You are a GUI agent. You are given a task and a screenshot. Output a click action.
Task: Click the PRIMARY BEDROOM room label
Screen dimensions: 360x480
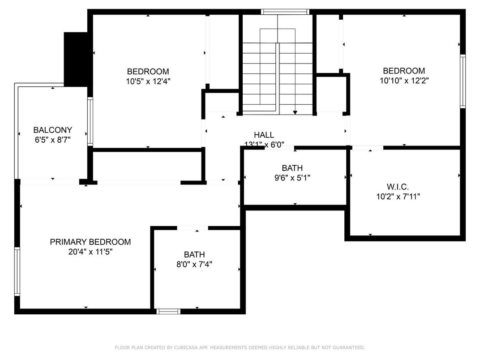90,242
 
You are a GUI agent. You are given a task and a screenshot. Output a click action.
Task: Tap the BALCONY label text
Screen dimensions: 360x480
52,130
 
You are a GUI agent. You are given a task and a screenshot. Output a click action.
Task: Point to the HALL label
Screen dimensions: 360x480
264,135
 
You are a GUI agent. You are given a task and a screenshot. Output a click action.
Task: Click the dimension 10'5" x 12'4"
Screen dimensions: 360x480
148,81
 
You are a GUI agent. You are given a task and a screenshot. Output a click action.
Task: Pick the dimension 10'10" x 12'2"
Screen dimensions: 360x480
403,81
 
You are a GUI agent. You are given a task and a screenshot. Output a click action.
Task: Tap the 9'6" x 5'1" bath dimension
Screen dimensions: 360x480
292,178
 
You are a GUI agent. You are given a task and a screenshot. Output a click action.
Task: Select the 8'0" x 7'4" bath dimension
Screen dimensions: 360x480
194,264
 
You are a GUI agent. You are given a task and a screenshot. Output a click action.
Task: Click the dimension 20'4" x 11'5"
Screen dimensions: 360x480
90,252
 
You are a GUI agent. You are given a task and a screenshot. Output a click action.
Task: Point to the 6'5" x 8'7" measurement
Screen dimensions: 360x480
52,140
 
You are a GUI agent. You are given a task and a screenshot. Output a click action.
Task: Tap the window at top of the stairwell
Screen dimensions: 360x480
285,12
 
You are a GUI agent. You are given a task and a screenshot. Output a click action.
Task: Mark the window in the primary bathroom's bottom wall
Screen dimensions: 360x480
168,311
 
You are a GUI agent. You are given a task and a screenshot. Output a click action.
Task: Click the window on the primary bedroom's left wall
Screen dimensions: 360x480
17,272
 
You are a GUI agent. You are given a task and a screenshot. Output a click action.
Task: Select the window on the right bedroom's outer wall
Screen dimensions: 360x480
463,81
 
